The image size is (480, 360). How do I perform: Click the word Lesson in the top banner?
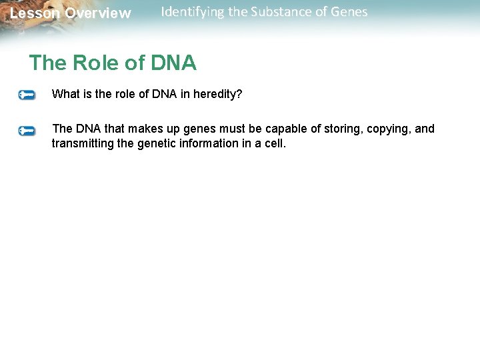click(35, 13)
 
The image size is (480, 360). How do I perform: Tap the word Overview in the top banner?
click(98, 13)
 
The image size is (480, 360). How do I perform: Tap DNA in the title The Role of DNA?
click(174, 63)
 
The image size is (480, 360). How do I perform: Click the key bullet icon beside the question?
click(27, 95)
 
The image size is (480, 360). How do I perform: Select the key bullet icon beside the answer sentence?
click(27, 131)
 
